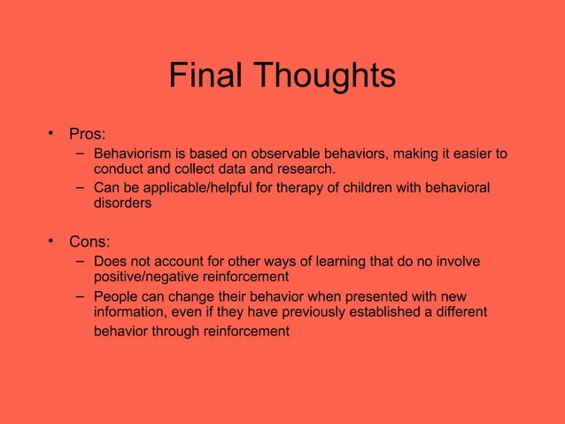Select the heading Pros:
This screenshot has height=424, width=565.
click(88, 136)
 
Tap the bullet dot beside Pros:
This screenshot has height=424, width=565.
click(52, 134)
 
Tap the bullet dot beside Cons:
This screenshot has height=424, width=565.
click(52, 240)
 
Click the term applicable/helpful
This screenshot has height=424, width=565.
click(199, 189)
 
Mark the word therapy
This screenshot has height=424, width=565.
click(314, 189)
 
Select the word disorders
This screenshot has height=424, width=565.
click(122, 203)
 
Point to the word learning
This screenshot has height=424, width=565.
click(317, 262)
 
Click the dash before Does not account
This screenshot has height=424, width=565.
click(80, 262)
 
